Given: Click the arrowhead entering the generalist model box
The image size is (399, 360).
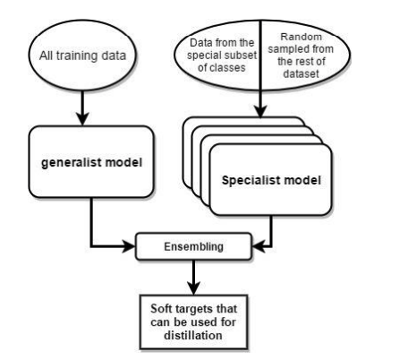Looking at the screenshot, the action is [x=82, y=119].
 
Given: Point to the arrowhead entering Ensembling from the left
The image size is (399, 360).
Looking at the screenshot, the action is [x=130, y=246].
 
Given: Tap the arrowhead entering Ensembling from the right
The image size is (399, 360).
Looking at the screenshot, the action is [x=259, y=246].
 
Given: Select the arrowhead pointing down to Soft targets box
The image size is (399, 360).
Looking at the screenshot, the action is [x=194, y=288].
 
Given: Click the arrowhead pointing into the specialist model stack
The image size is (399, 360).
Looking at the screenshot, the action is [x=261, y=111].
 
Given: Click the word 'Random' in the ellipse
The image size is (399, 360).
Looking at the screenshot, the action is [x=301, y=37].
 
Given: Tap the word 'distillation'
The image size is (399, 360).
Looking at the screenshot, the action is [x=193, y=335].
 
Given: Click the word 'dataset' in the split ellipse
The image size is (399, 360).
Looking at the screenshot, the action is [x=301, y=73].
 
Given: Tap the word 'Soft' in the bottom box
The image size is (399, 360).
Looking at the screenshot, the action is [x=161, y=309].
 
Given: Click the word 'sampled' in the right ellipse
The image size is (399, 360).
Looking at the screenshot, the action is [x=289, y=49].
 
